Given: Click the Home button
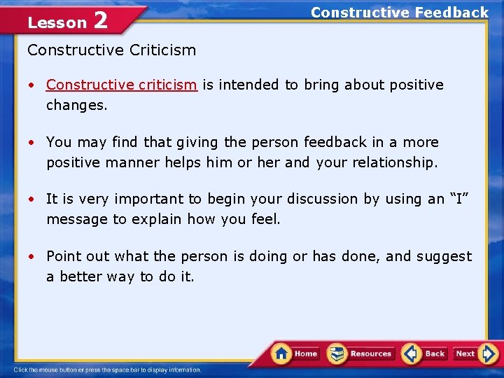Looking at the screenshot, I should point(295,353).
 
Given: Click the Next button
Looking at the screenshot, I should point(474,353).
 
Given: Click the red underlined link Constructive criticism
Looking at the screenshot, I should point(121,85).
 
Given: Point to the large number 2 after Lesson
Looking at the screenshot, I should point(100,21).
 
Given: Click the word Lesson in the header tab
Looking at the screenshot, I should point(57,22).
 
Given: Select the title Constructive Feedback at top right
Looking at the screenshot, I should point(399,13).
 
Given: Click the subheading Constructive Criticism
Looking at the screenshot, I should point(111,50).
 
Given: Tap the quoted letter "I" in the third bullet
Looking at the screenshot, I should point(458,199).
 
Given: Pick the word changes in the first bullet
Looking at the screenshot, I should point(75,105).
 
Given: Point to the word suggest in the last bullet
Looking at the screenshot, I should point(445,256).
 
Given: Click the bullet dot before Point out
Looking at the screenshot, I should point(32,257).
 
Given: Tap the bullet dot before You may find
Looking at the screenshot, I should point(32,143).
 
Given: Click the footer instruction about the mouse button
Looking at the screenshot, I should point(107,370).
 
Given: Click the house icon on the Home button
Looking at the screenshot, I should point(281,353).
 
